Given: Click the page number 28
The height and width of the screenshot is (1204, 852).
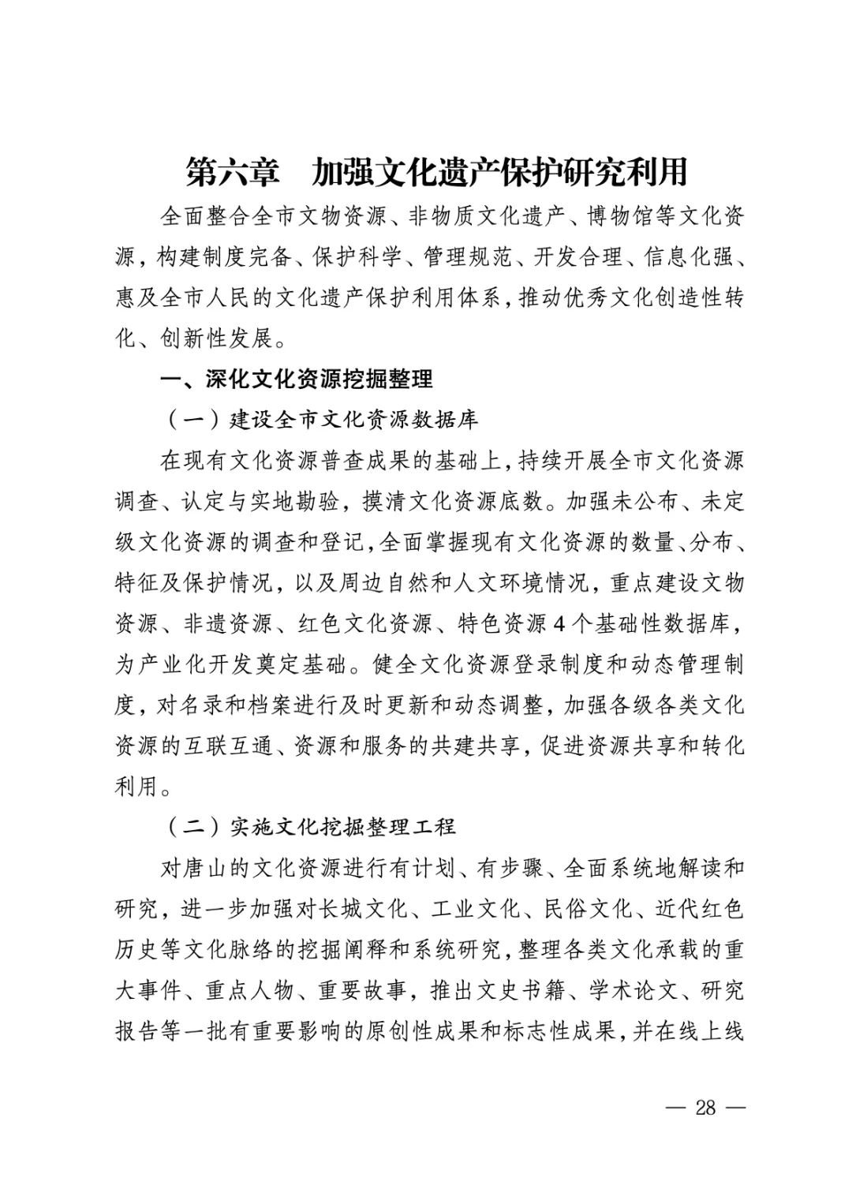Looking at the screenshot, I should pos(704,1107).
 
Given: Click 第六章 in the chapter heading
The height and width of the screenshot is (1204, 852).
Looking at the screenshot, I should pos(232,172).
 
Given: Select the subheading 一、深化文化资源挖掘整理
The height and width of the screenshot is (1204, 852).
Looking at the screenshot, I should pos(297,379).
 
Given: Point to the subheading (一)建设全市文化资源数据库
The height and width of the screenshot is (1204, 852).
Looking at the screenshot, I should pos(322,419).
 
